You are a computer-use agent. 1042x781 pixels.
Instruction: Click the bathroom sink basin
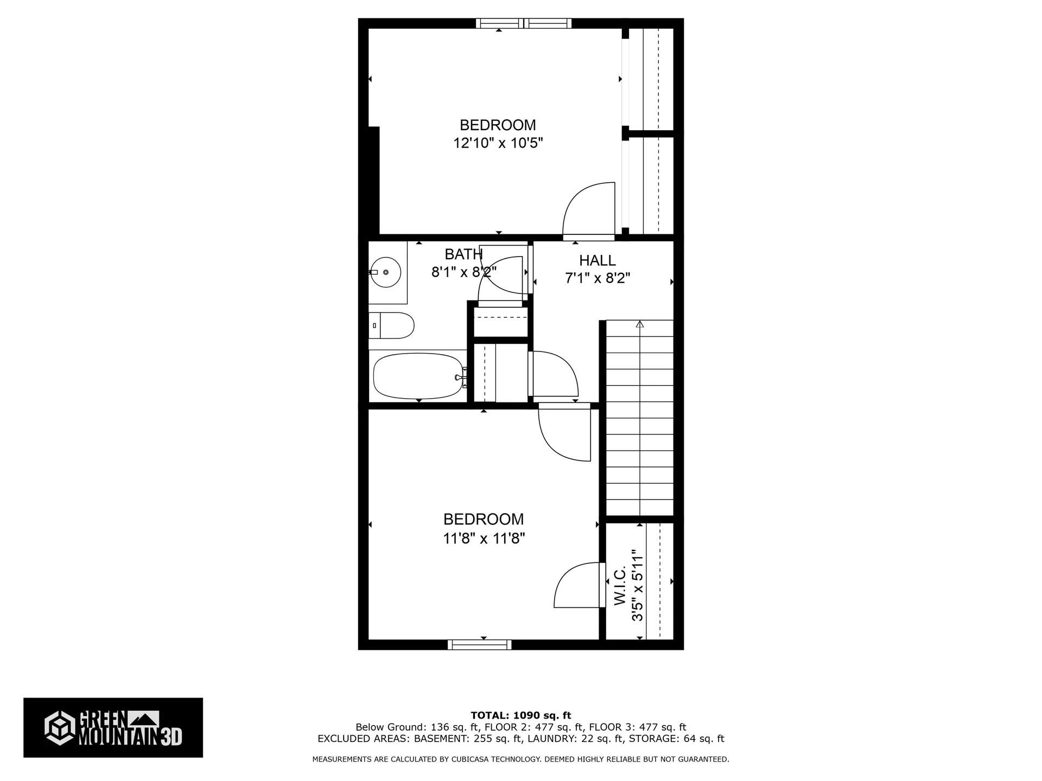(x=386, y=272)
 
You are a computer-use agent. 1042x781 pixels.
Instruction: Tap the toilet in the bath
(x=391, y=325)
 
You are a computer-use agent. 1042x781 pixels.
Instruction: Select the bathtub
(x=418, y=376)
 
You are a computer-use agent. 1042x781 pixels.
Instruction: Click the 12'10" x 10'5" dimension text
(x=498, y=143)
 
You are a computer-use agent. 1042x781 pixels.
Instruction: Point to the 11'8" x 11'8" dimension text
(x=484, y=539)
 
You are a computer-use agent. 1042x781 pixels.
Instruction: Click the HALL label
(x=598, y=260)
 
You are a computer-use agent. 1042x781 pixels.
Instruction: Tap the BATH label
(x=463, y=254)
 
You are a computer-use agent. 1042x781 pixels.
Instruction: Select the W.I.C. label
(x=620, y=586)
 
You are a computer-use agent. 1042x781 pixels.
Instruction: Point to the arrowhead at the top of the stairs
(x=640, y=324)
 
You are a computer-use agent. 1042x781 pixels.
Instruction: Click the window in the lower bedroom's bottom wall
(x=480, y=644)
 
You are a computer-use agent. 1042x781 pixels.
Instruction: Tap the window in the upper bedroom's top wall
(x=524, y=23)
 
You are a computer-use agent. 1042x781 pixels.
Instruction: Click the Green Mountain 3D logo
(x=113, y=727)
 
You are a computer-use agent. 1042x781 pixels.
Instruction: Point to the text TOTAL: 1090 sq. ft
(x=521, y=715)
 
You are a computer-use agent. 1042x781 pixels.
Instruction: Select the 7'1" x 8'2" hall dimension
(x=598, y=278)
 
